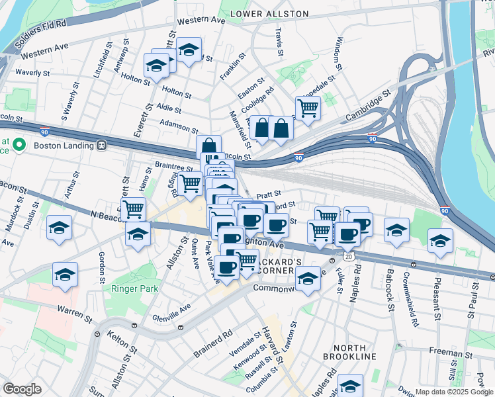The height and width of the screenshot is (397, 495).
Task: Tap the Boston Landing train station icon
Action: coord(102,145)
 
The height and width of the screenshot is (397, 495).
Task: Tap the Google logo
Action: coord(22,389)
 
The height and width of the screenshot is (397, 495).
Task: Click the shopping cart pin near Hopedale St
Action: coord(308,107)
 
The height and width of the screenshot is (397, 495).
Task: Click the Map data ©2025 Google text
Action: coord(453,392)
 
